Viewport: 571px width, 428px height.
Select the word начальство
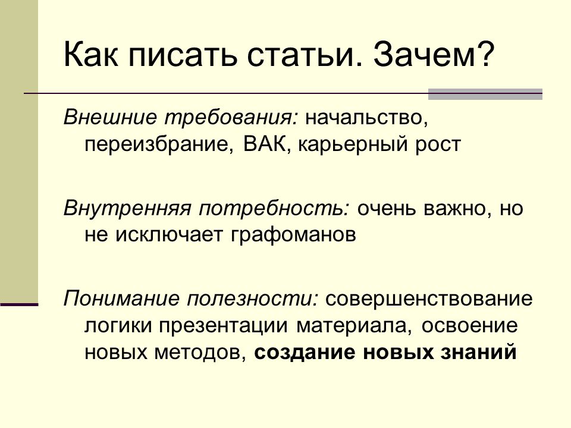[x=366, y=118]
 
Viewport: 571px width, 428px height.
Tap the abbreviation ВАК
[x=265, y=144]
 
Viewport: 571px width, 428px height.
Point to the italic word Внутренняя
[x=127, y=209]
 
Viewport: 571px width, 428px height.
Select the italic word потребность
[x=274, y=209]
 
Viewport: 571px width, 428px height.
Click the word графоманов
[x=293, y=235]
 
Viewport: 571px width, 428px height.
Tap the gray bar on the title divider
[x=485, y=95]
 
